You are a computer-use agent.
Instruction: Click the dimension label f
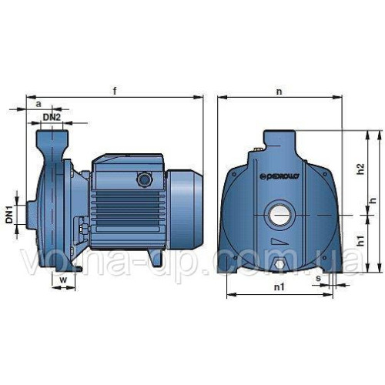(x=115, y=91)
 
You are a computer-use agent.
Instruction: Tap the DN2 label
(x=52, y=116)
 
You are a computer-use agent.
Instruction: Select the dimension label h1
(x=361, y=241)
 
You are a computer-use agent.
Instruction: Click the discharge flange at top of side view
(x=52, y=138)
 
